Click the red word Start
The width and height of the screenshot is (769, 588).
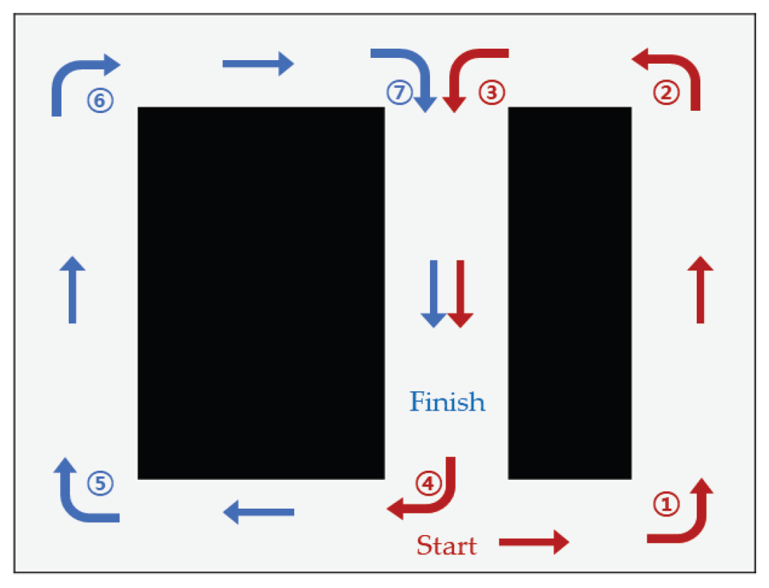(446, 545)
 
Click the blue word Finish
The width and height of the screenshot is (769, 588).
(447, 401)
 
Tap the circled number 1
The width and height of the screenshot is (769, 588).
(666, 504)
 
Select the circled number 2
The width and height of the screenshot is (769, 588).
(666, 93)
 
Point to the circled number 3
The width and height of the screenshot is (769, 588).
(491, 92)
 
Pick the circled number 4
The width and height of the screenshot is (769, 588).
(428, 484)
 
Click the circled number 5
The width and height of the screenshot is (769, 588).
(101, 484)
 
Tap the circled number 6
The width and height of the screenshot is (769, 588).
(101, 100)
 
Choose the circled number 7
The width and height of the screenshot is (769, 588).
(399, 92)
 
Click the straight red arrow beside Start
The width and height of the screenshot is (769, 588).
(534, 542)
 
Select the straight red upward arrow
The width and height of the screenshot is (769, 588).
(700, 289)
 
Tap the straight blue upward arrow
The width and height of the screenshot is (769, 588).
(72, 289)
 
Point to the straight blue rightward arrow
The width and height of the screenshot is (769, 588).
(258, 64)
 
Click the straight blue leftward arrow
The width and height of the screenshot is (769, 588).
(258, 512)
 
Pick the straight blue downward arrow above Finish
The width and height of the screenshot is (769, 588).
(434, 294)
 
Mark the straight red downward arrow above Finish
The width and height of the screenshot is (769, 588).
(460, 294)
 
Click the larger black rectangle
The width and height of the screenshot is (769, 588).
(261, 293)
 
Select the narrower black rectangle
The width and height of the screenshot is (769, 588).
(570, 293)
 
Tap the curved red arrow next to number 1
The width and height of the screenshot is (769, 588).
(699, 527)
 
